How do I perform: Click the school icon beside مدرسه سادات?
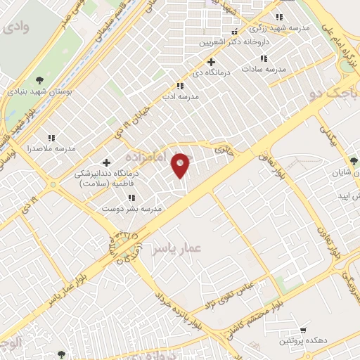click(x=264, y=58)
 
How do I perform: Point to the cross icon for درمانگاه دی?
click(x=211, y=63)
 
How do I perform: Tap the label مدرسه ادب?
click(x=182, y=96)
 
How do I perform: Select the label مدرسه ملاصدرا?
click(x=51, y=149)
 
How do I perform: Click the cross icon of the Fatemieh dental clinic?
click(x=107, y=163)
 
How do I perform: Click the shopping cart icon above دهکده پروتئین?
click(x=303, y=329)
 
